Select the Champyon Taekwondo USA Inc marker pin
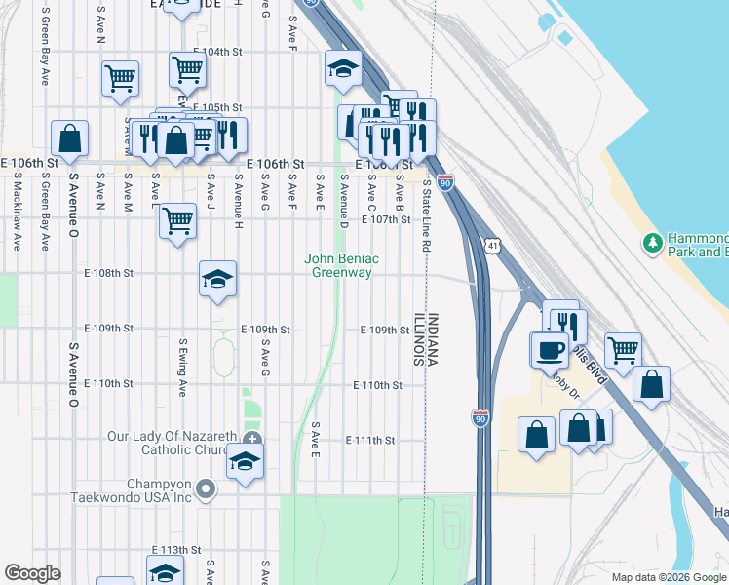point(205,489)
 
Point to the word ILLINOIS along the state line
point(417,339)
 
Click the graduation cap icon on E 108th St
point(217,280)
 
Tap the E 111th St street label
point(373,441)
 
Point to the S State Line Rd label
point(426,221)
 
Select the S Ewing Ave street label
point(181,368)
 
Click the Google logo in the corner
point(32,573)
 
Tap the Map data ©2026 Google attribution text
point(669,577)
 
